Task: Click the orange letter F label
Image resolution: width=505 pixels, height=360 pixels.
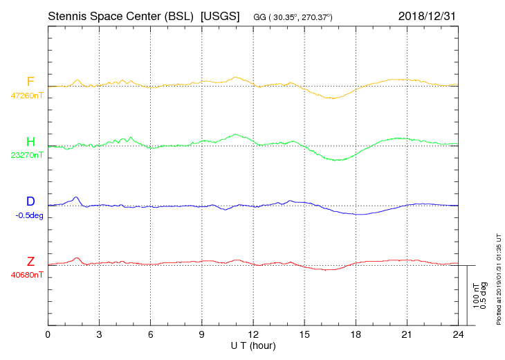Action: (30, 82)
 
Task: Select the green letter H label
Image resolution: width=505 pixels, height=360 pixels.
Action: (30, 142)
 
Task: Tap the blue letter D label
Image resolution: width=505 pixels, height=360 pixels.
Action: (30, 201)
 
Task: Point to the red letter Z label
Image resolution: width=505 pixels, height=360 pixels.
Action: (30, 261)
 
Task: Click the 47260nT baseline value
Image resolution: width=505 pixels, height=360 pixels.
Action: (27, 95)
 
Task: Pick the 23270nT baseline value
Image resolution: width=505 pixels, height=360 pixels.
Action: (27, 155)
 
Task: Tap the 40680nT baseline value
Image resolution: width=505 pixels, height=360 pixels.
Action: (27, 275)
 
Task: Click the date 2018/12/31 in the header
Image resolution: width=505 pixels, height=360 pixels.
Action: (428, 15)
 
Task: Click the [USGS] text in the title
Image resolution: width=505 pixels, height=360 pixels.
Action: (219, 15)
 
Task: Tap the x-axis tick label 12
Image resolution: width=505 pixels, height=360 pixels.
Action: (253, 334)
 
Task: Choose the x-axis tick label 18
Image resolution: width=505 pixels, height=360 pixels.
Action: (356, 334)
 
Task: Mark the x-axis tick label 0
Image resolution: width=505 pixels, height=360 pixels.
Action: (48, 334)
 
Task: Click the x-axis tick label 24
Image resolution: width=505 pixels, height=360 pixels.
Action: (458, 334)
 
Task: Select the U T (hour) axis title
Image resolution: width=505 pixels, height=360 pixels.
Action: (253, 345)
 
